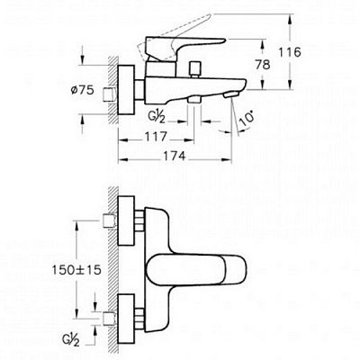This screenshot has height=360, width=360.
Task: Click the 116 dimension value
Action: point(290,52)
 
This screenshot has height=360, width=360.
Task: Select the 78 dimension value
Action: point(263,65)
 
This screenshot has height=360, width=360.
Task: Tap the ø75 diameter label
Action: point(83,90)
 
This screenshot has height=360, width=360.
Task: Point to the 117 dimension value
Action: point(156,137)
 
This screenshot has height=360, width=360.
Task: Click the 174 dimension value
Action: point(175,157)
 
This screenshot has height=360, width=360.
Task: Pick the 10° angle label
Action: point(247,119)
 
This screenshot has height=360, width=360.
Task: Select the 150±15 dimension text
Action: point(76,270)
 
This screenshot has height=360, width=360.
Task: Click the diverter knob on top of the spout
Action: point(195,69)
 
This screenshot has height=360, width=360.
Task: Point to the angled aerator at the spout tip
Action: point(230,95)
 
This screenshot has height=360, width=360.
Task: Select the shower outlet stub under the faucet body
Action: point(193,100)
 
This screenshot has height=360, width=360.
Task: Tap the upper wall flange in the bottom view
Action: point(126,220)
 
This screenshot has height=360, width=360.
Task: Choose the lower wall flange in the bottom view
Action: point(126,319)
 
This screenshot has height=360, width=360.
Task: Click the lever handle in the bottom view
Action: point(196,270)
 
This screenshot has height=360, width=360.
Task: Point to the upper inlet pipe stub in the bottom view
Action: point(109,220)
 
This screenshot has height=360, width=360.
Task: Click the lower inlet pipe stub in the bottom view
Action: point(109,319)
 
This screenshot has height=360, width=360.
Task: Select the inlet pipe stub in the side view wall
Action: point(110,94)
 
